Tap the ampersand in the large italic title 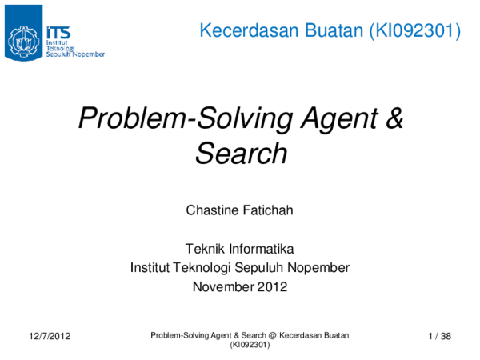coord(391,119)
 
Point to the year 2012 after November coord(273,285)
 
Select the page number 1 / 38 coord(439,337)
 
